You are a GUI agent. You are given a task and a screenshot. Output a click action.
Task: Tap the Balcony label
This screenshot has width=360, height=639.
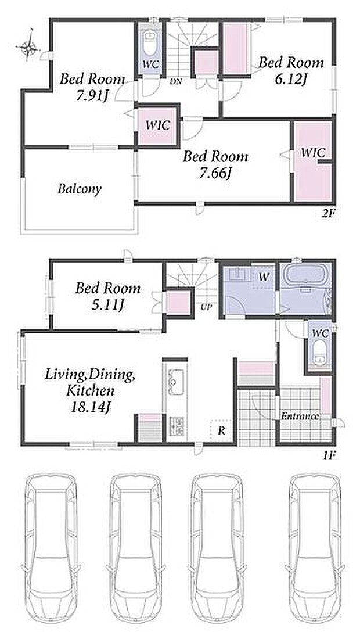coord(80,189)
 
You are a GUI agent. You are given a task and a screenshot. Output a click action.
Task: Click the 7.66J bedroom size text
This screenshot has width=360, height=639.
coord(215,174)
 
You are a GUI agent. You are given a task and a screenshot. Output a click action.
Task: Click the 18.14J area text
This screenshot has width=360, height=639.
coord(90,407)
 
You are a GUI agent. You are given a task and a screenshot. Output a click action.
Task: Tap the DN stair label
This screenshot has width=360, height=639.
coord(176,81)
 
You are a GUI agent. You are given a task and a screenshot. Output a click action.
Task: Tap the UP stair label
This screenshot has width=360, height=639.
coord(206,307)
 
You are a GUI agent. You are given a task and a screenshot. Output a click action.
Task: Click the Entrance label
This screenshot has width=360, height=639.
coord(300,417)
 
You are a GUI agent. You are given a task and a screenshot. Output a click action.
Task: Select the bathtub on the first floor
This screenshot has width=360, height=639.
coord(305,277)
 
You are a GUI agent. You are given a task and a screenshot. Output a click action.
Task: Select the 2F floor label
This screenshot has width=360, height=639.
coord(328,213)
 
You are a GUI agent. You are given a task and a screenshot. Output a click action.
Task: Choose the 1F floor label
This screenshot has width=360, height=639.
coord(329,455)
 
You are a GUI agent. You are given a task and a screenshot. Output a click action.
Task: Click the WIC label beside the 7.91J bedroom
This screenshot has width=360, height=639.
coord(157,125)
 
